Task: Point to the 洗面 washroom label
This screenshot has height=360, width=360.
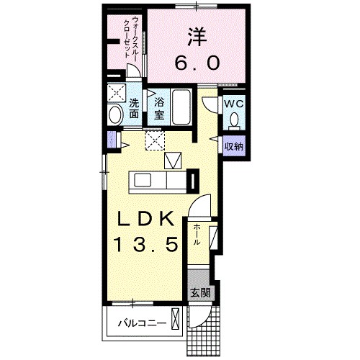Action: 135,107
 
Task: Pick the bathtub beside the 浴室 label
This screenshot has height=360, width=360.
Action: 181,108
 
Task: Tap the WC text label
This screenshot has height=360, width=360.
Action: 233,104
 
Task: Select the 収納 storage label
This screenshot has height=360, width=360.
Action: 233,146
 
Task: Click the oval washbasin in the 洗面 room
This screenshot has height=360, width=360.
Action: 115,115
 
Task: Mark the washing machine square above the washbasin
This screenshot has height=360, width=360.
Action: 115,93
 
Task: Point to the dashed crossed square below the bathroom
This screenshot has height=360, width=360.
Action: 154,140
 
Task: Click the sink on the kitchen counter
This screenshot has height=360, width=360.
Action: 140,181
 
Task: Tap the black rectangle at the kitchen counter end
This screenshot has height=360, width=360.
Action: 193,181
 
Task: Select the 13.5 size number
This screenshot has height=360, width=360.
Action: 147,245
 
